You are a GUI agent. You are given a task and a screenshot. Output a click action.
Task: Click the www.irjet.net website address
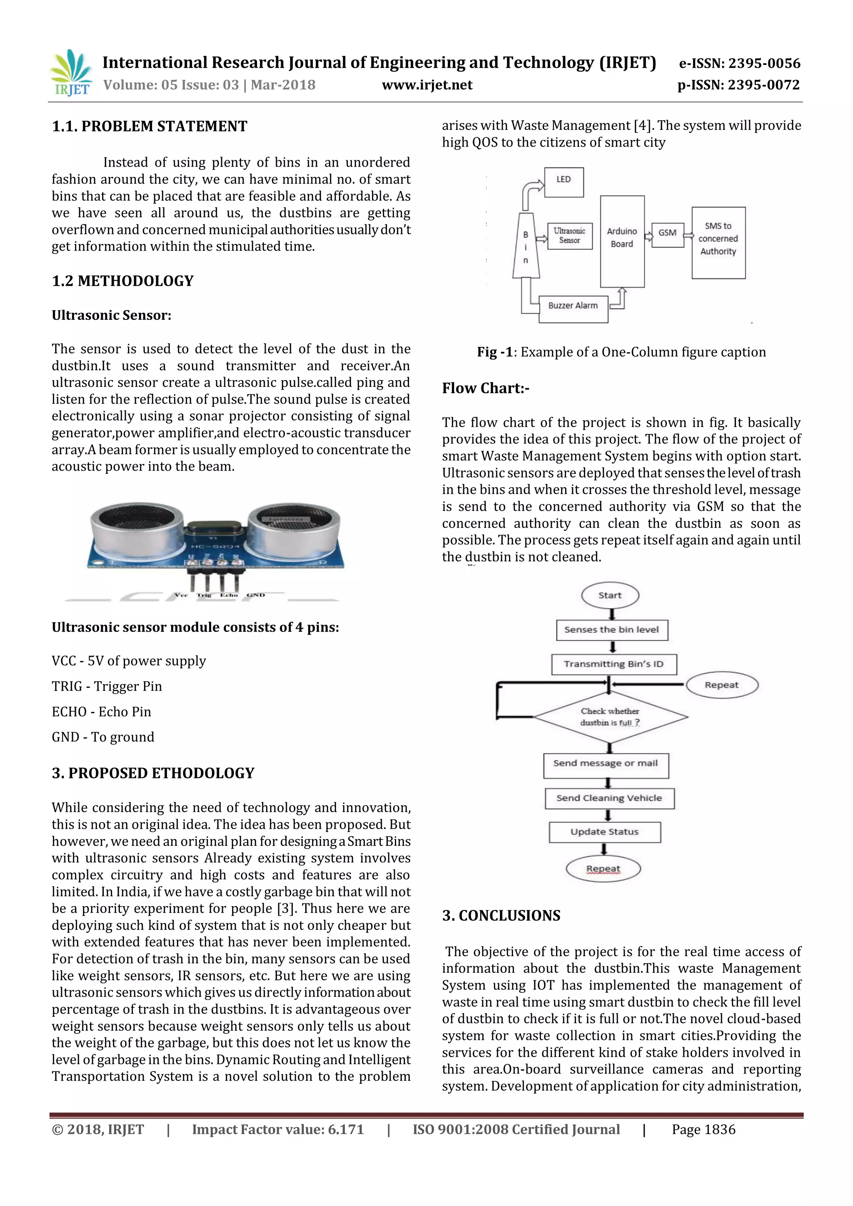(x=427, y=85)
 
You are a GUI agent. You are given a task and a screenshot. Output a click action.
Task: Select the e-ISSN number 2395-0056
(x=740, y=64)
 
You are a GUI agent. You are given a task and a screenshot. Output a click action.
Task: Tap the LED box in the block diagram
(x=564, y=182)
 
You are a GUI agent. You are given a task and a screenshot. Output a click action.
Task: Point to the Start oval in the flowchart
(x=610, y=596)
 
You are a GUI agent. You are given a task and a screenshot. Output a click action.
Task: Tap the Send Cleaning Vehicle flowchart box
(x=609, y=798)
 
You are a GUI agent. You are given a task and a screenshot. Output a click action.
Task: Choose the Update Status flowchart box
(x=605, y=832)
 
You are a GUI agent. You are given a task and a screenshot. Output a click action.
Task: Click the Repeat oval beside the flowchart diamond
(x=722, y=685)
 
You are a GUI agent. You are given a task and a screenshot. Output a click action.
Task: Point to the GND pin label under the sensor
(x=256, y=595)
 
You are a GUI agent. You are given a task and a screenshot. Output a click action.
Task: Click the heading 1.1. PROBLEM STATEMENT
(x=150, y=127)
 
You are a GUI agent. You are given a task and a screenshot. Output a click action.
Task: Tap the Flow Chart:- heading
(x=485, y=388)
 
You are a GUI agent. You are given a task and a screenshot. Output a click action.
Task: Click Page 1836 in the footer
(x=703, y=1129)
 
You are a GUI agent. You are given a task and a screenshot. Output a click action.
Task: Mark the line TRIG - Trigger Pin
(x=107, y=687)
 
